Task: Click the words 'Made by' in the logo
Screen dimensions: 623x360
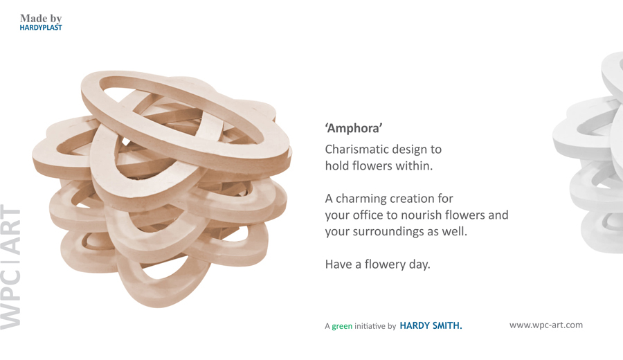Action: (x=41, y=18)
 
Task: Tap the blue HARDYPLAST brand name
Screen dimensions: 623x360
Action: (x=41, y=28)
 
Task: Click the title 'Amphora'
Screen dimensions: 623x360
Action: (x=354, y=128)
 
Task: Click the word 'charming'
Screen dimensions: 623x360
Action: (x=362, y=198)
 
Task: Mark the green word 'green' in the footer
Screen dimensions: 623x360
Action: (x=342, y=326)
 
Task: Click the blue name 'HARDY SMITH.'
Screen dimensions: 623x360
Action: (x=431, y=325)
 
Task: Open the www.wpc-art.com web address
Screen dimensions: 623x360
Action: (x=546, y=325)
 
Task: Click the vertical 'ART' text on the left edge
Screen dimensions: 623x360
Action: (x=10, y=231)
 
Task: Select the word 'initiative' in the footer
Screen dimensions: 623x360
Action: (x=370, y=326)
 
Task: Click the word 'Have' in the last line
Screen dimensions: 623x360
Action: (x=338, y=264)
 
